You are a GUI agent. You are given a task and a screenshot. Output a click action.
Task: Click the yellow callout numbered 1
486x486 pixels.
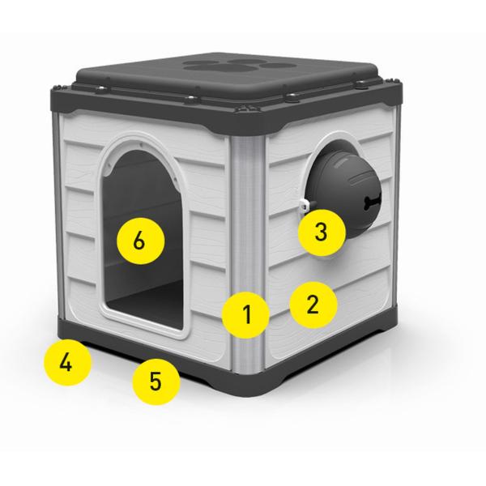[x=245, y=314]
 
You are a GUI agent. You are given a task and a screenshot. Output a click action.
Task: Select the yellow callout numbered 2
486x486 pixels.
[x=313, y=305]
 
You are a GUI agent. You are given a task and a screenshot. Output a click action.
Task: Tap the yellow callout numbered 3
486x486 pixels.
[x=322, y=232]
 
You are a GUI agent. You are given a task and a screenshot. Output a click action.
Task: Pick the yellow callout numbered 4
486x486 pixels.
[x=67, y=362]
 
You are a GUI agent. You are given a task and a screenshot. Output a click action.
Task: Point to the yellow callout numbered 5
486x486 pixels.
[x=156, y=381]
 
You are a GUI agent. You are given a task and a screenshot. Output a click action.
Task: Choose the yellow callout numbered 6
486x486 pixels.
[x=140, y=241]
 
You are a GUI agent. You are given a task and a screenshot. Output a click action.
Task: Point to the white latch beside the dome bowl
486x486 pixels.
[x=305, y=205]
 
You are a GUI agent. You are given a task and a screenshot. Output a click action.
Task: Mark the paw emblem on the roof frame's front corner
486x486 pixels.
[x=248, y=109]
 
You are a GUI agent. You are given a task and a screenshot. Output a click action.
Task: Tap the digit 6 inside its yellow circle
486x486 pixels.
[x=139, y=241]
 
